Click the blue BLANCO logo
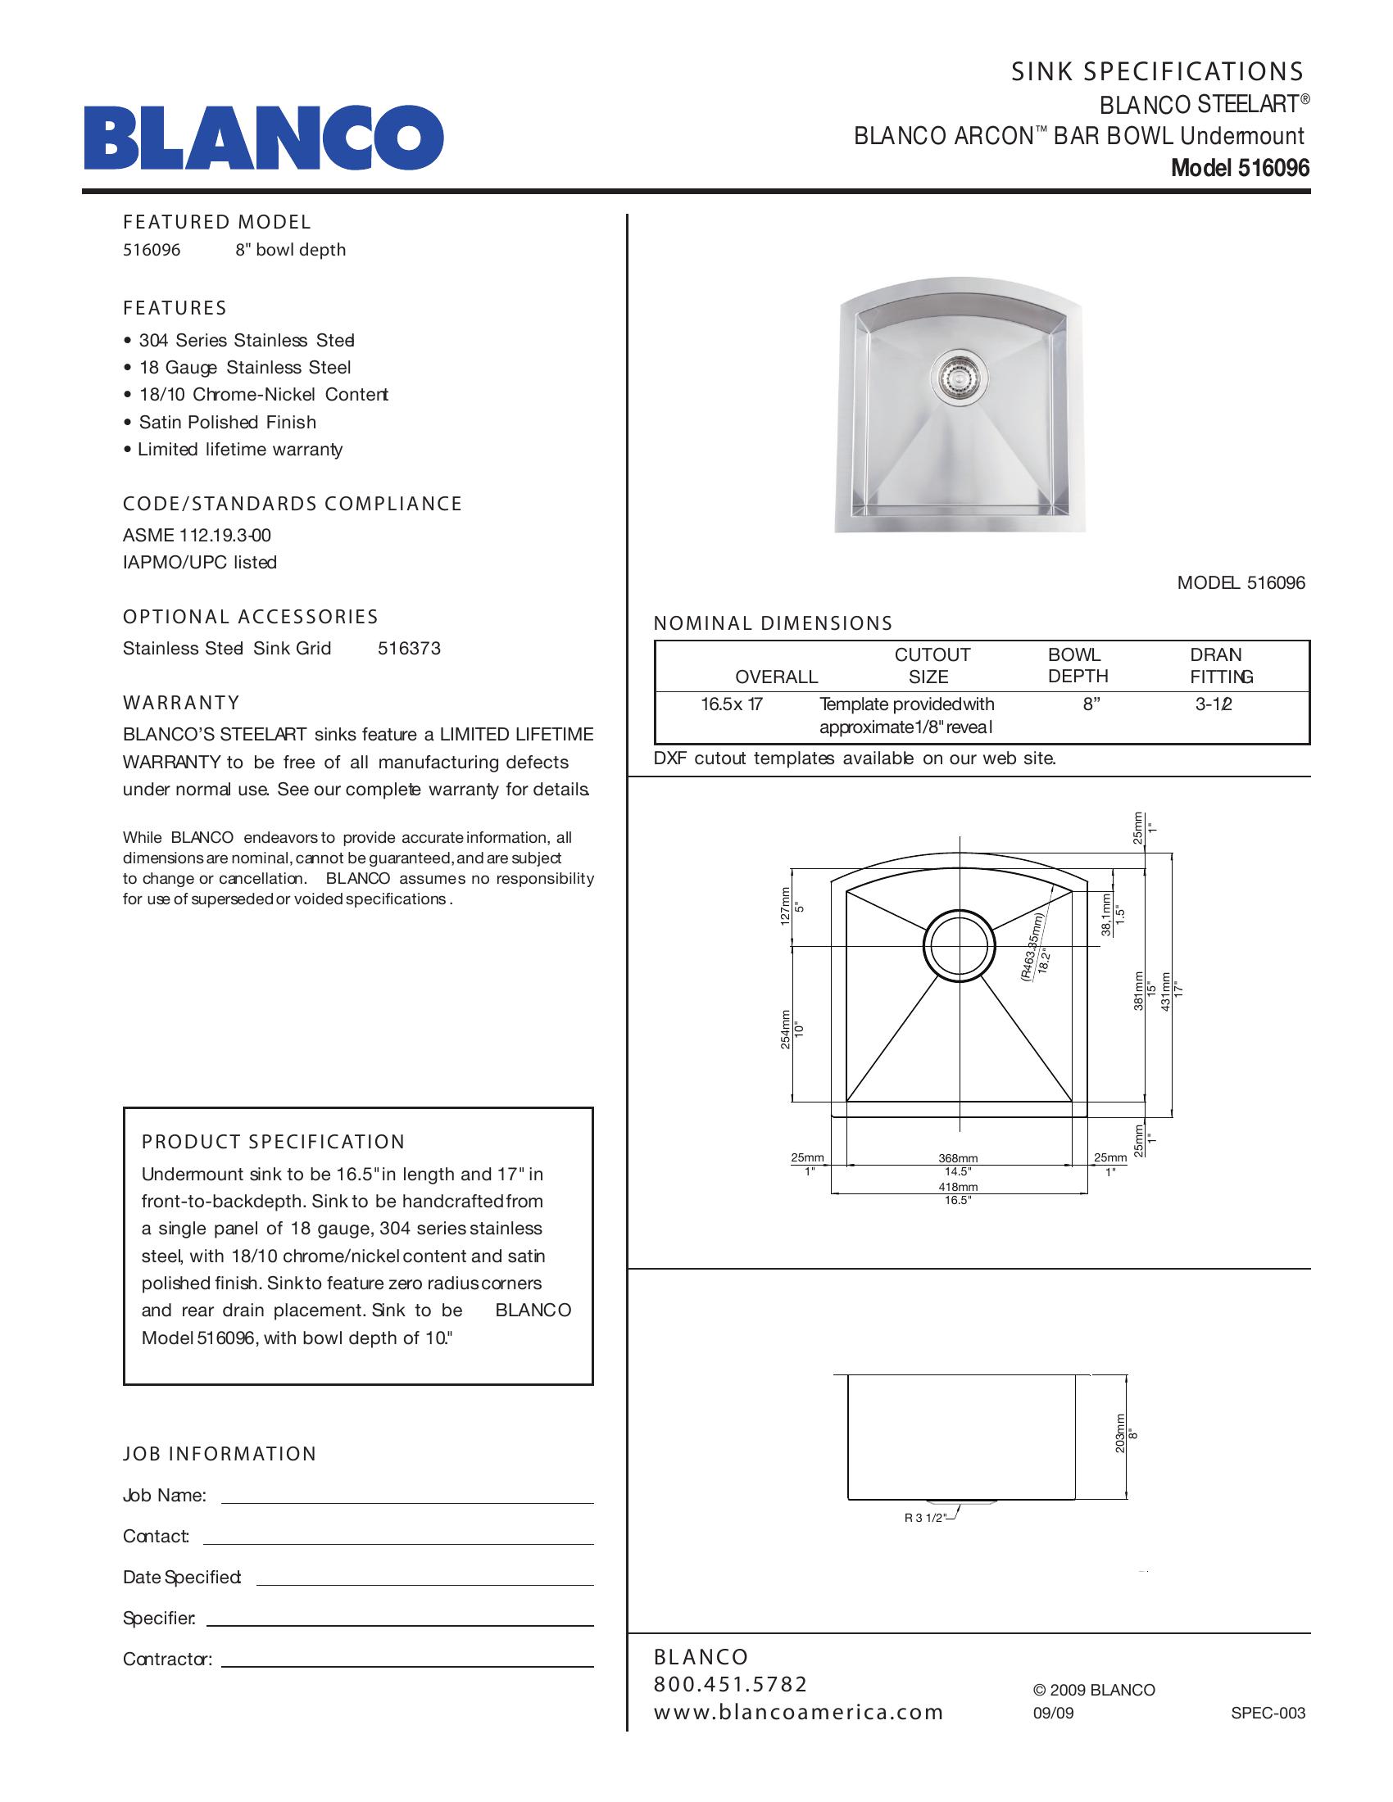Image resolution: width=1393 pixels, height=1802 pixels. tap(264, 137)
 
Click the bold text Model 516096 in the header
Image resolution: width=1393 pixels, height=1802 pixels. tap(1240, 168)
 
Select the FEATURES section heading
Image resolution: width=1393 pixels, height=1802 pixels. tap(175, 309)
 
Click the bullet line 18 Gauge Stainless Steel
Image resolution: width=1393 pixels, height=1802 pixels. tap(245, 368)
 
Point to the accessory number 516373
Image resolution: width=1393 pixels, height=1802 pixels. tap(410, 649)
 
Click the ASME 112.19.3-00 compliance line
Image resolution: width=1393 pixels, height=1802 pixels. tap(197, 536)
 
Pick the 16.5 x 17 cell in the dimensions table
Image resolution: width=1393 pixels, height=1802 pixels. tap(732, 704)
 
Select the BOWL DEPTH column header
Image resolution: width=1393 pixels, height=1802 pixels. tap(1077, 666)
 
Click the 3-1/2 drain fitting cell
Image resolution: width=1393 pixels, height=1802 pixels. tap(1213, 704)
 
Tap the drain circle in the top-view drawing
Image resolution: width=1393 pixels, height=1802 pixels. tap(959, 947)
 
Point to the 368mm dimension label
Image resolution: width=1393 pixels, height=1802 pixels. tap(958, 1158)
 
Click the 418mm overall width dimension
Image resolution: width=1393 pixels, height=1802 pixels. tap(958, 1187)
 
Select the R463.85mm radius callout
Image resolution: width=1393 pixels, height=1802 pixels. tap(1034, 945)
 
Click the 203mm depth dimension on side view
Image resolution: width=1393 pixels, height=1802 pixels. tap(1120, 1433)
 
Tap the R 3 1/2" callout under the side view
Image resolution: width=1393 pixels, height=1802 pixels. tap(925, 1518)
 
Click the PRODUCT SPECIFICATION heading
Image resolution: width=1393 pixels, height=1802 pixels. tap(273, 1142)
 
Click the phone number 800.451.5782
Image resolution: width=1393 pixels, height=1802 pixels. tap(730, 1684)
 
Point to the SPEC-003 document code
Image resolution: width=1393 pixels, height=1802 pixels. tap(1268, 1713)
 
